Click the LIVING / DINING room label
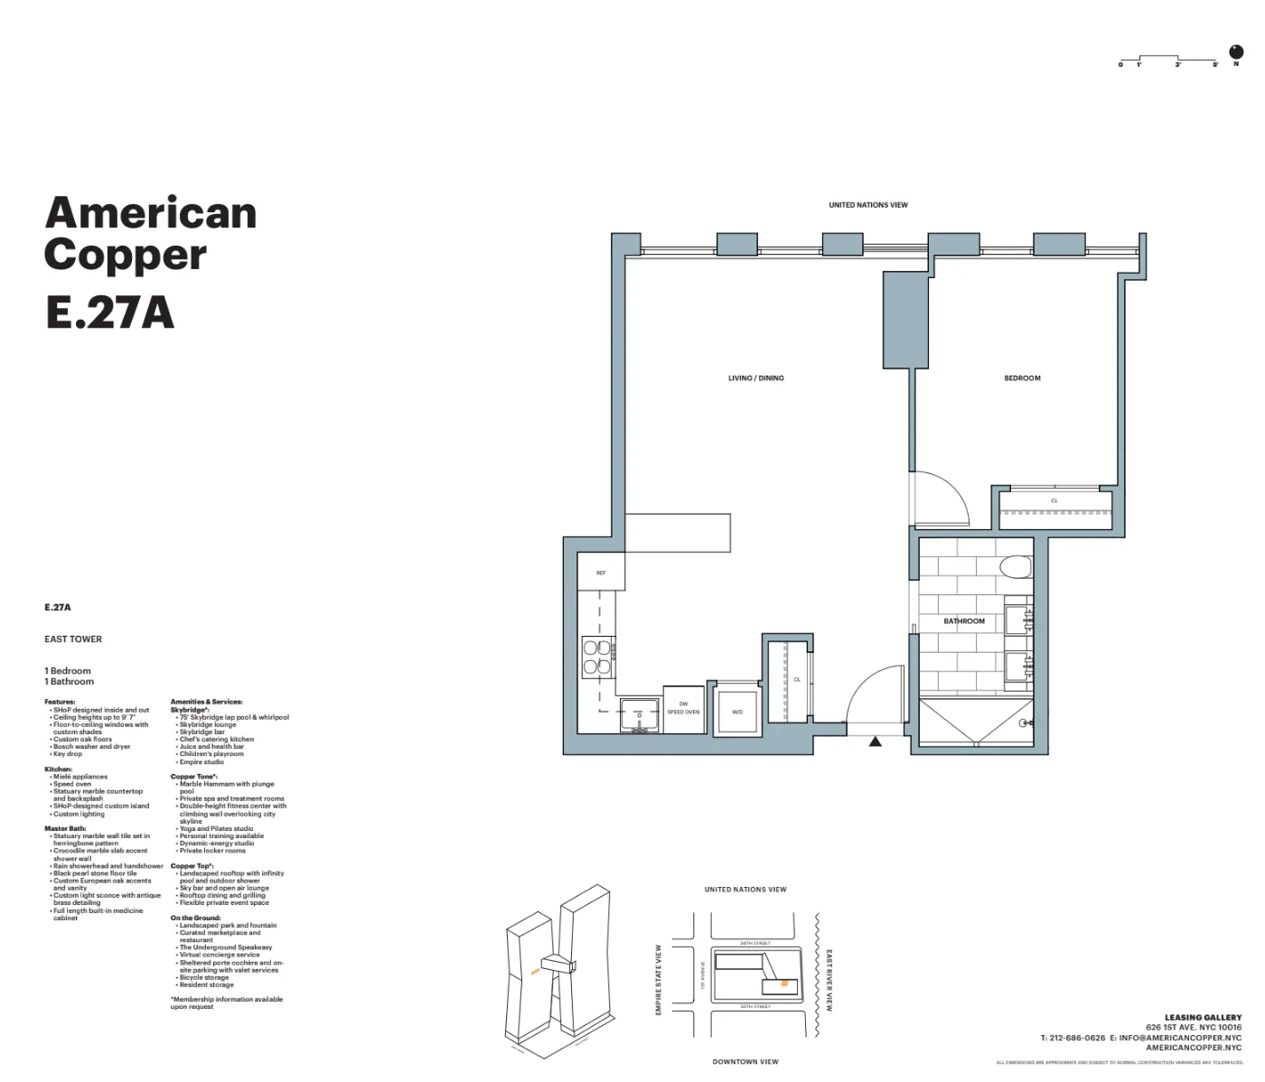tap(755, 378)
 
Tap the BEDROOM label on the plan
tap(1022, 378)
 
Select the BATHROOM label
tap(964, 621)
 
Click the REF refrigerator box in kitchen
tap(601, 573)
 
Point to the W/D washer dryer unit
tap(736, 712)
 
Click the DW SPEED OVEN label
tap(683, 708)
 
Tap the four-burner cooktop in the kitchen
tap(597, 657)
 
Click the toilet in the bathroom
tap(1017, 566)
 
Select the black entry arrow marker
tap(875, 742)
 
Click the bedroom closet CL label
tap(1054, 500)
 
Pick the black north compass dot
tap(1236, 51)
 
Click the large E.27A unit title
tap(109, 312)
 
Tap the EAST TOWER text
tap(73, 639)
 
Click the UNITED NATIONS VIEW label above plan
tap(868, 205)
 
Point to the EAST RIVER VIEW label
tap(829, 980)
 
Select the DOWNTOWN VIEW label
tap(745, 1061)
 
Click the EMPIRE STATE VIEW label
tap(659, 980)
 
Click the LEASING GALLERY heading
tap(1203, 1018)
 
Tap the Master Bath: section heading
tap(65, 828)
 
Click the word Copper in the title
tap(126, 254)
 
